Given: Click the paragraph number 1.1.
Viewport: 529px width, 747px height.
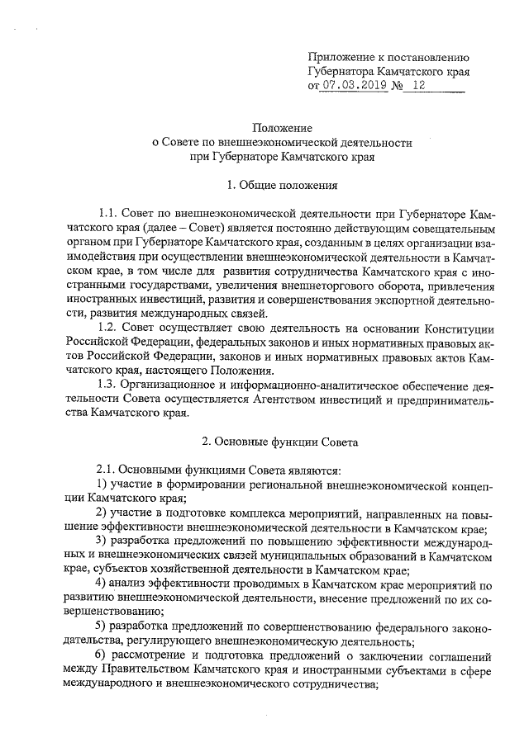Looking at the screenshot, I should [x=107, y=213].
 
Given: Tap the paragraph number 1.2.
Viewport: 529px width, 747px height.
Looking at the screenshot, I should [x=107, y=329].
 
